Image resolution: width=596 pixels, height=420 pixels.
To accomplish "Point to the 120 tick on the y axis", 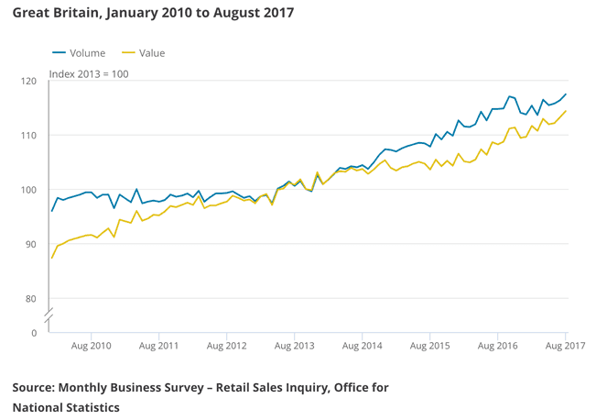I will (28, 82).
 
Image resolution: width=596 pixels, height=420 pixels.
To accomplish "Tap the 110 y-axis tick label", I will (28, 136).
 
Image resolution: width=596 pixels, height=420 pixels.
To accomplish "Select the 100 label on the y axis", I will (28, 190).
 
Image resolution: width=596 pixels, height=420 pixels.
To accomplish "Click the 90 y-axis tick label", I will (31, 245).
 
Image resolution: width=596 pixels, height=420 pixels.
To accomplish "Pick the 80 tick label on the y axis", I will (31, 299).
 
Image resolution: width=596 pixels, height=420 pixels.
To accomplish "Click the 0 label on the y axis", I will (34, 332).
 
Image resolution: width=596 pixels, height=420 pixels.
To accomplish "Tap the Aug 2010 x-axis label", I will (92, 346).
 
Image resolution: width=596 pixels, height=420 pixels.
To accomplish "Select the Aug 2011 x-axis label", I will (159, 346).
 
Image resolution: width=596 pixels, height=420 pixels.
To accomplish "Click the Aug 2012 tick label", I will (227, 346).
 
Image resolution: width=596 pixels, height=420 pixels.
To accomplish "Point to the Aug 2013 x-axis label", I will (295, 346).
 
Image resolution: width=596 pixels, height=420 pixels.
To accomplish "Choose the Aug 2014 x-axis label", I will (362, 346).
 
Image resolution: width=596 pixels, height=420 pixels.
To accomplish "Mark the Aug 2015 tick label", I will (429, 346).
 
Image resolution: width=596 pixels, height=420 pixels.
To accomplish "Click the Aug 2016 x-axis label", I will (497, 346).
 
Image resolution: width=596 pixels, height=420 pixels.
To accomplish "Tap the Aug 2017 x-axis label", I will (564, 346).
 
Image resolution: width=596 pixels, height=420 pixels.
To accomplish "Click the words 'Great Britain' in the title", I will (53, 15).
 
